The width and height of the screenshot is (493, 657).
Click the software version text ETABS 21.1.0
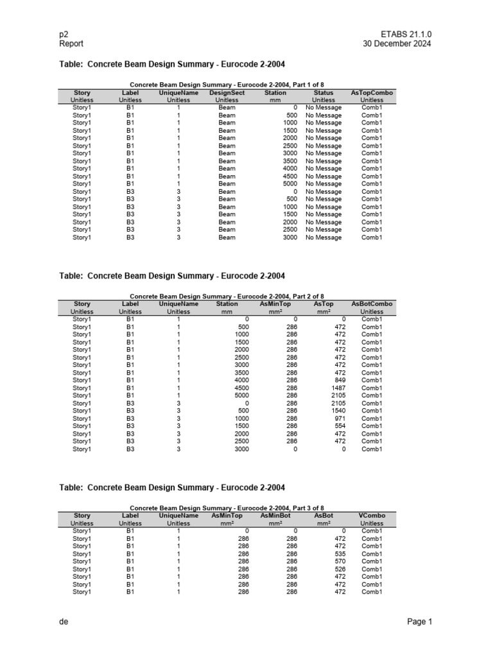coord(406,33)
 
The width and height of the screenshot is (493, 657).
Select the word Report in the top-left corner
coord(71,44)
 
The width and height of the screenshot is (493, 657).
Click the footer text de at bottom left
coord(64,622)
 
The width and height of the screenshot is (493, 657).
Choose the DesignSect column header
coord(227,93)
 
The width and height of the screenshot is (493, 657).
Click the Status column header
coord(324,93)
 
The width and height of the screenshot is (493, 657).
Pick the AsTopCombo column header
coord(372,93)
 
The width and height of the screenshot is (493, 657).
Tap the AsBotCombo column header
coord(372,304)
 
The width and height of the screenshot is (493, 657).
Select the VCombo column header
coord(372,515)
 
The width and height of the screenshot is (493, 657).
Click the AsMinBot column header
coord(276,515)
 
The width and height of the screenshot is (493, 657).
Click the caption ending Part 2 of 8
coord(227,296)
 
